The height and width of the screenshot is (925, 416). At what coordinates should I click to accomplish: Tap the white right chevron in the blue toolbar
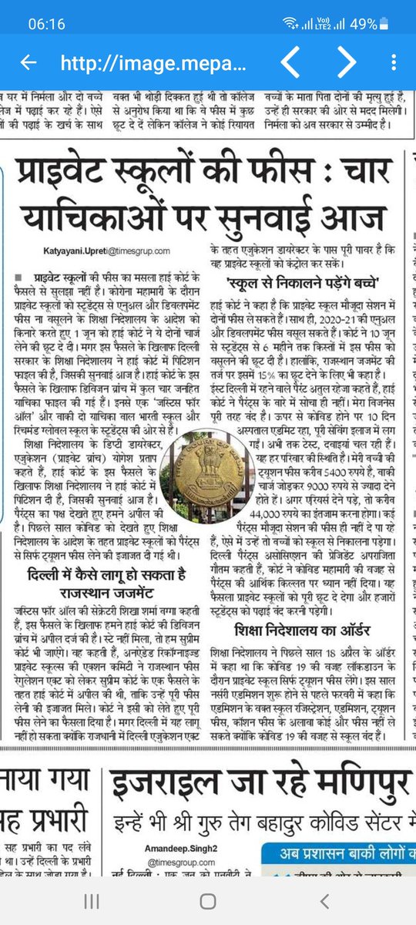[347, 62]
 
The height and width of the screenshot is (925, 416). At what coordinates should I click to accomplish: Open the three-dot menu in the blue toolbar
[394, 62]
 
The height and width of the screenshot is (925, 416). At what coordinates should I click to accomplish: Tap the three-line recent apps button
[91, 901]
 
